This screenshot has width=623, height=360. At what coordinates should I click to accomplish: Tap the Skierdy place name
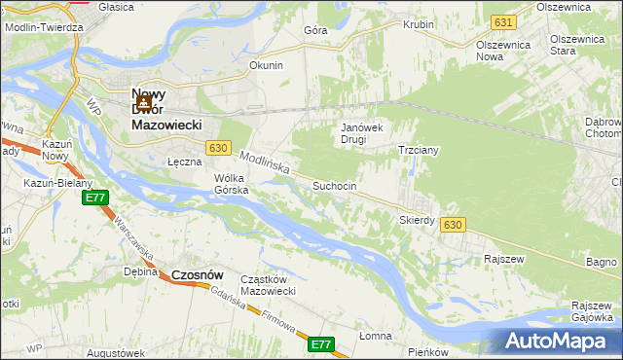(417, 220)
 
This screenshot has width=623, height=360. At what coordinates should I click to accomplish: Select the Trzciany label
(421, 151)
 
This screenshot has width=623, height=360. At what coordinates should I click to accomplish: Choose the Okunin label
(266, 65)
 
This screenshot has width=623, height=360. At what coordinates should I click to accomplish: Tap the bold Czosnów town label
(200, 275)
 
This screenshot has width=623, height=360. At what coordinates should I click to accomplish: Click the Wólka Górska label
(232, 184)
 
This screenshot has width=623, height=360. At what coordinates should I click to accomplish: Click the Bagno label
(602, 262)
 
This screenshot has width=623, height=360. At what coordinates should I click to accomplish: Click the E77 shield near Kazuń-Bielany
(94, 198)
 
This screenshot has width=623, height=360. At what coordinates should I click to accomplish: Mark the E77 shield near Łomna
(321, 344)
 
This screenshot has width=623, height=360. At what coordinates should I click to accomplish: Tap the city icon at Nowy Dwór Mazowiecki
(143, 101)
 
